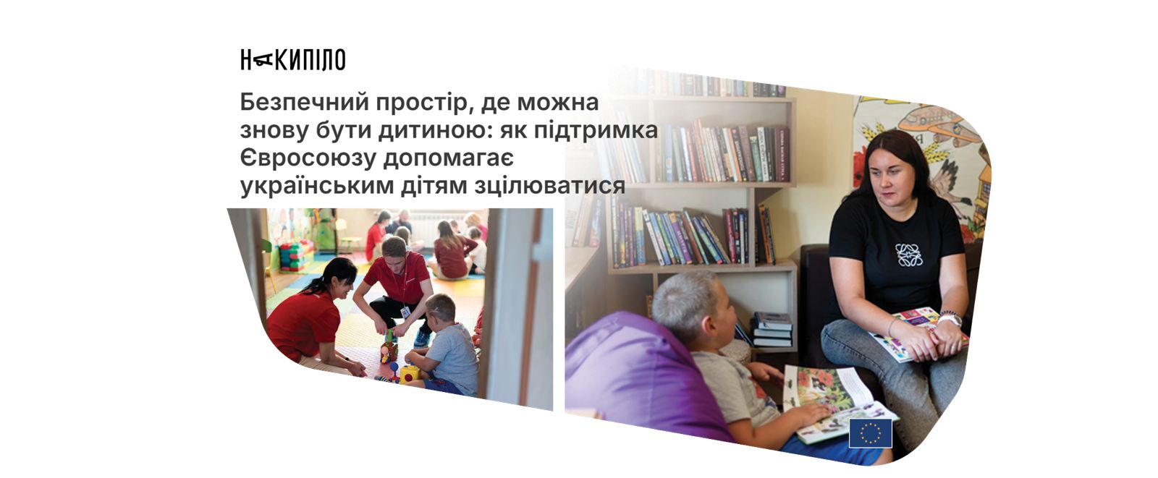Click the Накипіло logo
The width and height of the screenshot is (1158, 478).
tap(292, 60)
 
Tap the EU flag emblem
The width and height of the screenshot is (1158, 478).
tap(870, 432)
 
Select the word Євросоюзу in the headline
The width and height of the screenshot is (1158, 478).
tap(308, 158)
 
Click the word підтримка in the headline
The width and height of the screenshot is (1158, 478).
tap(596, 131)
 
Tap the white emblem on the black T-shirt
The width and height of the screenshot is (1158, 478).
tap(909, 255)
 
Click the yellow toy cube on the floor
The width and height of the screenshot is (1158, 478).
tap(409, 374)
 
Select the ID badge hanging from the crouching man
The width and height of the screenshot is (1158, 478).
tap(405, 312)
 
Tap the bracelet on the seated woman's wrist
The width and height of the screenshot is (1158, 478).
tap(950, 314)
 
